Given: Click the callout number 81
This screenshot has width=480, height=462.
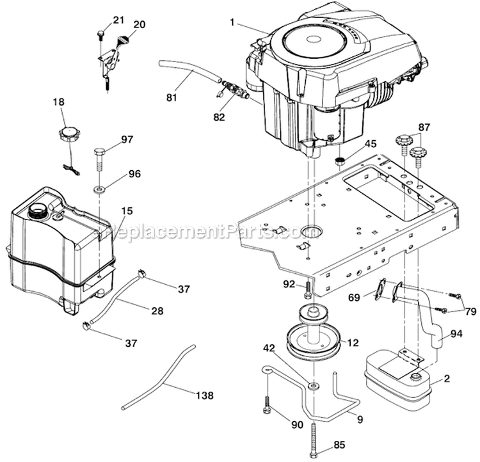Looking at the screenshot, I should tap(170, 99).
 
